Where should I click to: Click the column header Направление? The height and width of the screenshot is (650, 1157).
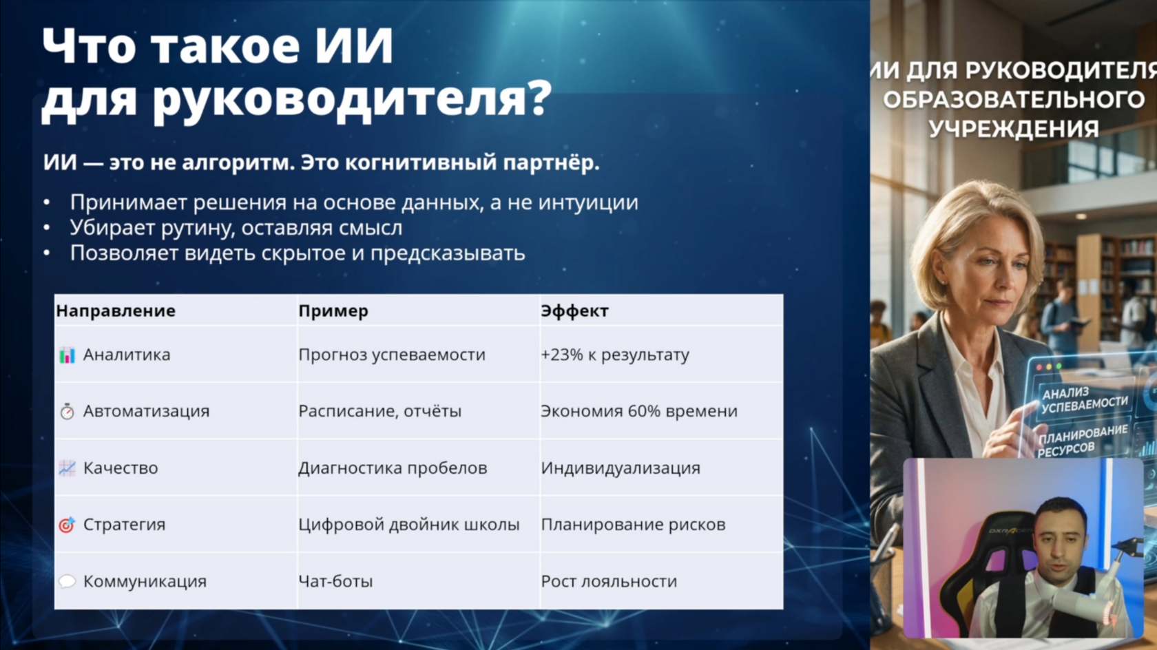116,311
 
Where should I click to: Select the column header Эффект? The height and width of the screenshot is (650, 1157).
574,311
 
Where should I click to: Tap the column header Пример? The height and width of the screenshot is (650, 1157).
333,311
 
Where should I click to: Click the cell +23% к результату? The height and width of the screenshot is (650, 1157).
614,355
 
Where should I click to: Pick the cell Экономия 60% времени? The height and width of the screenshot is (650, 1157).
639,411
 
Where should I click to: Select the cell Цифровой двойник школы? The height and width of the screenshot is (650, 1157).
408,525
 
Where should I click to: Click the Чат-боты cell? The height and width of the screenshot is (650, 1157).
335,581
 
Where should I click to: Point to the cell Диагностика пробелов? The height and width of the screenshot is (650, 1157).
393,468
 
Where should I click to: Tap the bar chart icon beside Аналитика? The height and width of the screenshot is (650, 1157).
67,355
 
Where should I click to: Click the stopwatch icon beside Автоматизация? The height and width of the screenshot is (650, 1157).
67,412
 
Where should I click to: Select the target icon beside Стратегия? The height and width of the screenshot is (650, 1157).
67,525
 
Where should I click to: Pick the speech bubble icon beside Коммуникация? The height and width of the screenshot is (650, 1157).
67,581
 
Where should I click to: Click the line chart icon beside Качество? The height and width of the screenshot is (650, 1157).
67,468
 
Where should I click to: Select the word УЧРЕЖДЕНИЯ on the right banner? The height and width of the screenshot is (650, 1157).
1014,128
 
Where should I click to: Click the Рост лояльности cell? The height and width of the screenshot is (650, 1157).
609,581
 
